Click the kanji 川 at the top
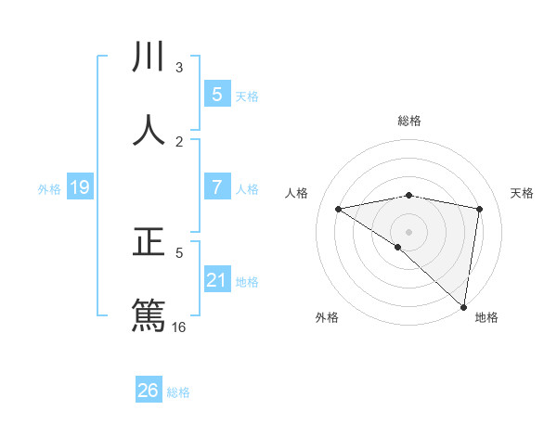pos(149,58)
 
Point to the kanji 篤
pos(149,314)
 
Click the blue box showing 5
pos(217,94)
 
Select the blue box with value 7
pos(217,187)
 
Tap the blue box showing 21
pos(217,280)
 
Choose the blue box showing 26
pos(149,391)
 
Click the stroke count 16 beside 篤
pos(178,327)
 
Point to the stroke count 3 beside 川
pos(179,67)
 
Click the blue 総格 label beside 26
pos(178,392)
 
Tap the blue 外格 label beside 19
pos(49,189)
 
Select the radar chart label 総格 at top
pos(409,121)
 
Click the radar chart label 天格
pos(522,193)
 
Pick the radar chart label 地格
pos(486,317)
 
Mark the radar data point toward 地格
pos(463,305)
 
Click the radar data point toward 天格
pos(479,209)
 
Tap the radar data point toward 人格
pos(339,209)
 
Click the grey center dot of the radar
pos(408,231)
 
